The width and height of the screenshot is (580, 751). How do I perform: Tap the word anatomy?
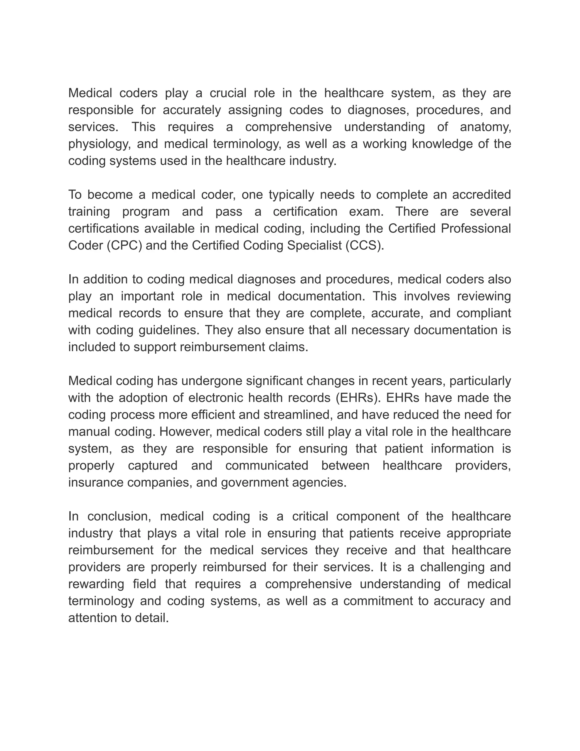tap(485, 127)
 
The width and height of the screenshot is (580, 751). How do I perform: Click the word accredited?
tap(481, 195)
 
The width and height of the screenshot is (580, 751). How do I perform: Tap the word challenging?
tap(453, 567)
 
